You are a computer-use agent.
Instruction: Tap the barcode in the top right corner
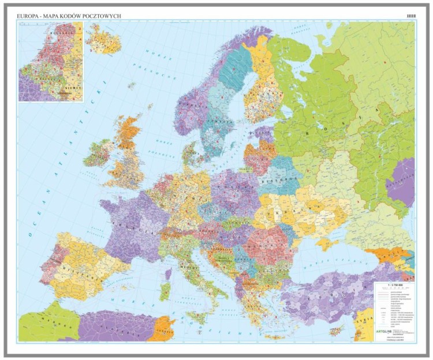(x=411, y=16)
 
